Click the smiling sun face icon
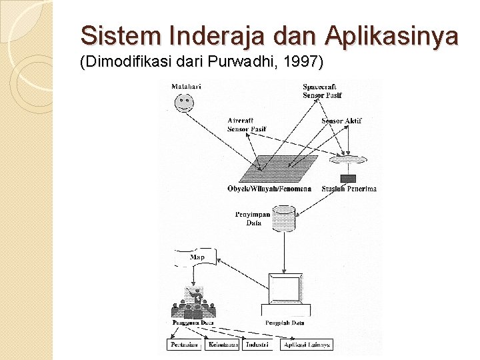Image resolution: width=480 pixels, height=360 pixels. pyautogui.click(x=183, y=103)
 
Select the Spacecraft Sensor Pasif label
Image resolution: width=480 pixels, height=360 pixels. pyautogui.click(x=323, y=91)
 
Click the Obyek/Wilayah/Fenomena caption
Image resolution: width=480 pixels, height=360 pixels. pyautogui.click(x=269, y=189)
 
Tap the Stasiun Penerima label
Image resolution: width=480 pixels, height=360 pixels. pyautogui.click(x=349, y=189)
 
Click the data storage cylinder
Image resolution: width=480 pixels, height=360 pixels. pyautogui.click(x=284, y=219)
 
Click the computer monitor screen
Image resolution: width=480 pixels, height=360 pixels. pyautogui.click(x=285, y=289)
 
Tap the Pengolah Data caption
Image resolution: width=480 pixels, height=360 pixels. pyautogui.click(x=285, y=323)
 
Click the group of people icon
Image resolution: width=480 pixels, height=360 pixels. pyautogui.click(x=193, y=303)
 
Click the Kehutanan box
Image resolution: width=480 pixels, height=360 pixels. pyautogui.click(x=223, y=345)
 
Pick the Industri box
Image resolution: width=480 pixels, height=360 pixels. pyautogui.click(x=257, y=345)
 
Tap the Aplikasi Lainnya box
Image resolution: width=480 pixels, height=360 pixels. pyautogui.click(x=307, y=345)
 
